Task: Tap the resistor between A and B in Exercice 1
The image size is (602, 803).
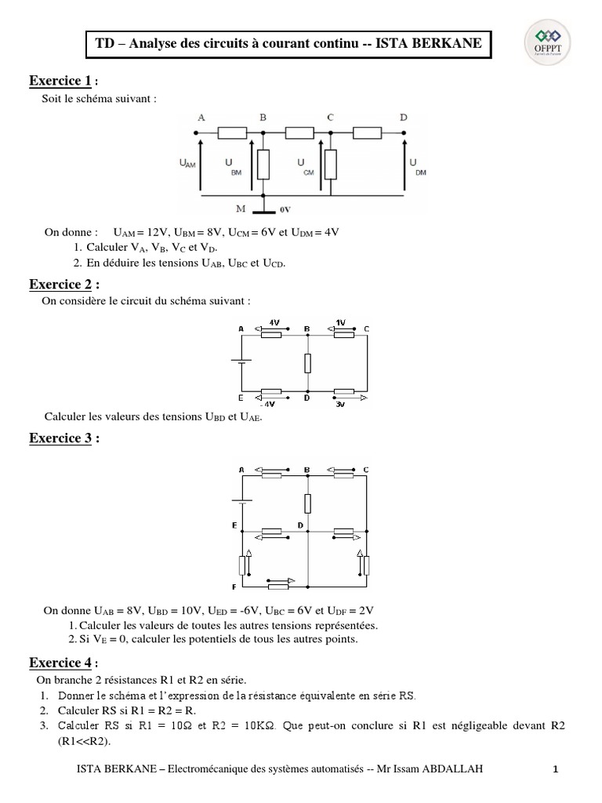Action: point(232,133)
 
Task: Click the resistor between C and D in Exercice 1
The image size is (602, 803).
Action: point(368,133)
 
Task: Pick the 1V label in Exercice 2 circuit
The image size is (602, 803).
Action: point(339,322)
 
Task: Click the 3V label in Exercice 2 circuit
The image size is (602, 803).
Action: point(341,405)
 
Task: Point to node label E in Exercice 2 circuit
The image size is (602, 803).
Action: point(240,398)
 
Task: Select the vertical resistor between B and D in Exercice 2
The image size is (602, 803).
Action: point(307,362)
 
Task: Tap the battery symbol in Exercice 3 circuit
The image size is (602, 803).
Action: point(243,500)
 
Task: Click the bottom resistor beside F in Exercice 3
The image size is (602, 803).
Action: point(278,584)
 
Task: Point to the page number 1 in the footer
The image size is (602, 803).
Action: point(555,771)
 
